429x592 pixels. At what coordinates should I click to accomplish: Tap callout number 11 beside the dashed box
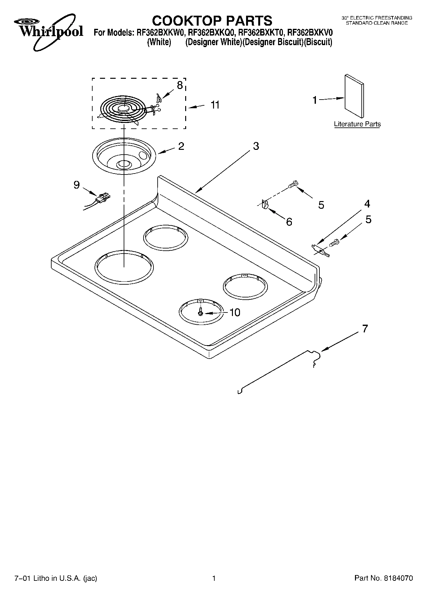[x=215, y=105]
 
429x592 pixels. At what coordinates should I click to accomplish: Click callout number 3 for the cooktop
[x=256, y=146]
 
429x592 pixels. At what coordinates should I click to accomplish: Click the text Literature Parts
[x=357, y=124]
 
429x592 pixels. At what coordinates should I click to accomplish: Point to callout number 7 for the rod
[x=365, y=328]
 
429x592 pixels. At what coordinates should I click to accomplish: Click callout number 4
[x=367, y=204]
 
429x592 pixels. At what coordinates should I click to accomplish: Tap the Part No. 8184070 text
[x=384, y=578]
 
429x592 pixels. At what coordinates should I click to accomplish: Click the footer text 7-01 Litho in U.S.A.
[x=56, y=578]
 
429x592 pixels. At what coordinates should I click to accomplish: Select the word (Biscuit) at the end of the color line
[x=318, y=42]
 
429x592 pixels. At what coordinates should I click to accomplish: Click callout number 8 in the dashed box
[x=180, y=85]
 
